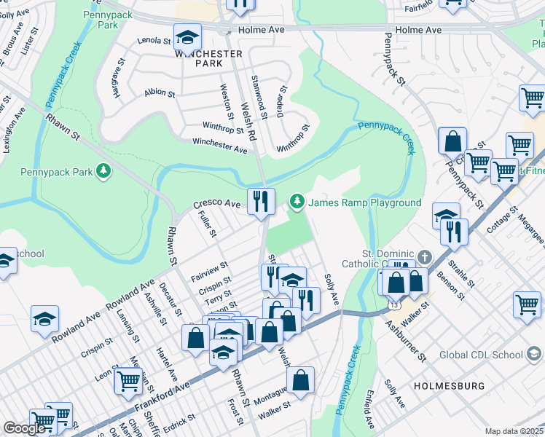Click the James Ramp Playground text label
click(x=364, y=202)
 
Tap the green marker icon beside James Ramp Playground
click(x=297, y=201)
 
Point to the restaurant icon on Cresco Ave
click(x=261, y=200)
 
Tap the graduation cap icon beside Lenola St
click(x=188, y=36)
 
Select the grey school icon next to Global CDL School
click(x=535, y=355)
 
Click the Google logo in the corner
click(x=24, y=428)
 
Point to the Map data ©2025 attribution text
click(x=514, y=431)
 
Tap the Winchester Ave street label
click(x=219, y=146)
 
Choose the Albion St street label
click(x=160, y=93)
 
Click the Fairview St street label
click(x=209, y=271)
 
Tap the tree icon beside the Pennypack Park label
click(x=105, y=170)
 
